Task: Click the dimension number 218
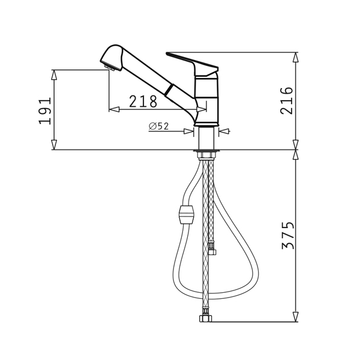[x=143, y=101]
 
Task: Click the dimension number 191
[x=44, y=111]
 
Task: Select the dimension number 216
[x=287, y=101]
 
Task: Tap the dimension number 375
[x=287, y=235]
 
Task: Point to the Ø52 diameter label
[x=158, y=126]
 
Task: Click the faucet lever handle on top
[x=193, y=64]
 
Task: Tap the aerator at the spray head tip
[x=110, y=68]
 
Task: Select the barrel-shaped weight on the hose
[x=187, y=215]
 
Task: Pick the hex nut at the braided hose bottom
[x=205, y=318]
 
